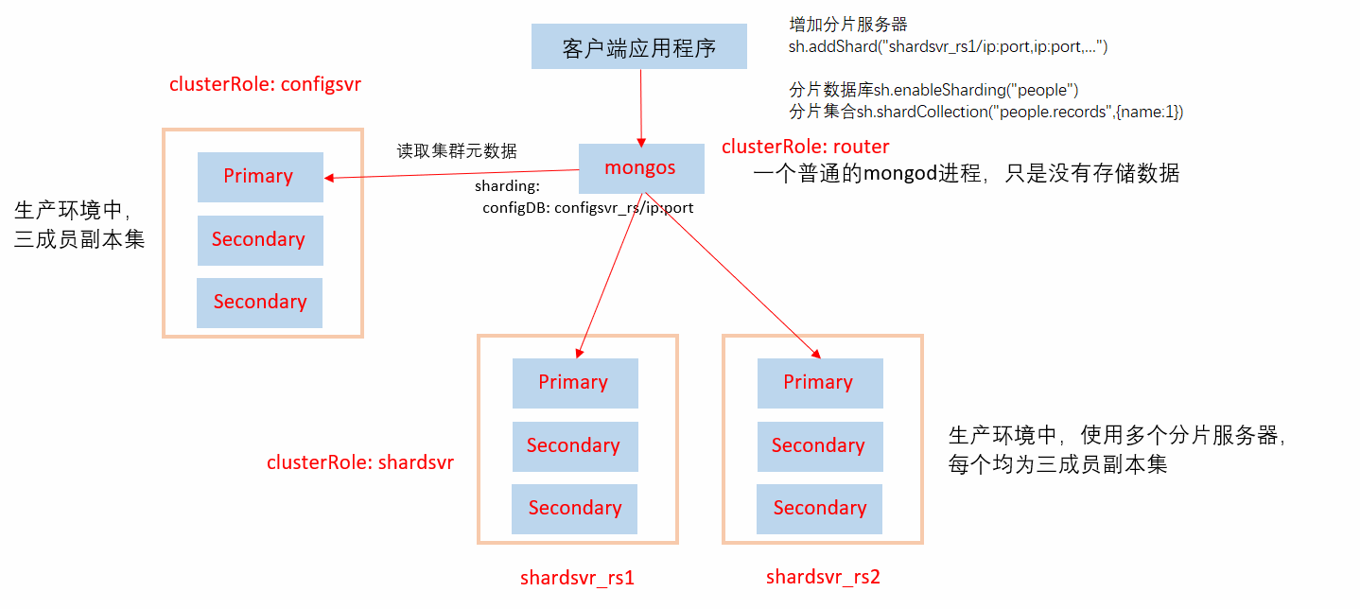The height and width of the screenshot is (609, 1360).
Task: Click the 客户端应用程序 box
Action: pyautogui.click(x=638, y=47)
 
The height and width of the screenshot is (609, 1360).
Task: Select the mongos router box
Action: pyautogui.click(x=640, y=168)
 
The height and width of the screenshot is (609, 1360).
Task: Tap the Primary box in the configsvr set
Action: pyautogui.click(x=259, y=177)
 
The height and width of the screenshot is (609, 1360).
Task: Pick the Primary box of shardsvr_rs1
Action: pyautogui.click(x=574, y=383)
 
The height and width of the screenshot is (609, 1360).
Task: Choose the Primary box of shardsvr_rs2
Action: pyautogui.click(x=819, y=383)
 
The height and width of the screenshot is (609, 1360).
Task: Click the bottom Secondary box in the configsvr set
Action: pyautogui.click(x=259, y=303)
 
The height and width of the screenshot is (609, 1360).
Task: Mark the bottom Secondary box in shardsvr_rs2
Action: pyautogui.click(x=819, y=509)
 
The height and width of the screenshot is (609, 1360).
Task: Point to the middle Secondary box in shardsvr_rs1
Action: pyautogui.click(x=574, y=445)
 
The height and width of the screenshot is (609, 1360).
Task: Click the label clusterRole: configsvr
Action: pyautogui.click(x=265, y=84)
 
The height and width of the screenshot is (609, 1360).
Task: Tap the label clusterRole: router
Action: pyautogui.click(x=805, y=147)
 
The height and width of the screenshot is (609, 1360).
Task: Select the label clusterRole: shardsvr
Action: pyautogui.click(x=359, y=463)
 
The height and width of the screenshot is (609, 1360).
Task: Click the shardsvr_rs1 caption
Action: pyautogui.click(x=577, y=578)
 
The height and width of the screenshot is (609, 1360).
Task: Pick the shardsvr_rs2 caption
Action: pyautogui.click(x=823, y=577)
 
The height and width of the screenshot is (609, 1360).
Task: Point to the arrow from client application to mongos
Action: pyautogui.click(x=641, y=106)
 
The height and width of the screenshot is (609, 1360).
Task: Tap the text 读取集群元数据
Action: pyautogui.click(x=457, y=151)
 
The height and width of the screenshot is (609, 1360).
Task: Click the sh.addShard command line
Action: pyautogui.click(x=948, y=46)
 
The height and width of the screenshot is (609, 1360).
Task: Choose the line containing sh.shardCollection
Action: pyautogui.click(x=985, y=112)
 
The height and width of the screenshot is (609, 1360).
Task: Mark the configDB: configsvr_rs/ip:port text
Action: pyautogui.click(x=587, y=208)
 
